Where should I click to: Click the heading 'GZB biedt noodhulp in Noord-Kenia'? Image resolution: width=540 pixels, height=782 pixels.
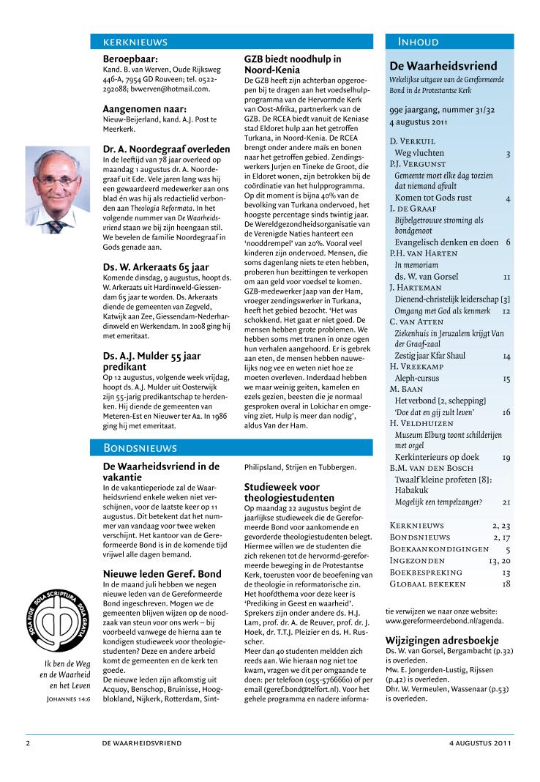pos(293,64)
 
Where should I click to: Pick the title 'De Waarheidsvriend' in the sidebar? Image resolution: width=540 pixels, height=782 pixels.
pos(443,66)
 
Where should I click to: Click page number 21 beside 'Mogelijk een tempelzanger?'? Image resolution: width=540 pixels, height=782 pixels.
pos(506,502)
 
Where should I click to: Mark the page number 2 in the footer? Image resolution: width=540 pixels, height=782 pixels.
pos(28,742)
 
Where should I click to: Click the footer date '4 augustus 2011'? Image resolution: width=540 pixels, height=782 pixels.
pos(480,742)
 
